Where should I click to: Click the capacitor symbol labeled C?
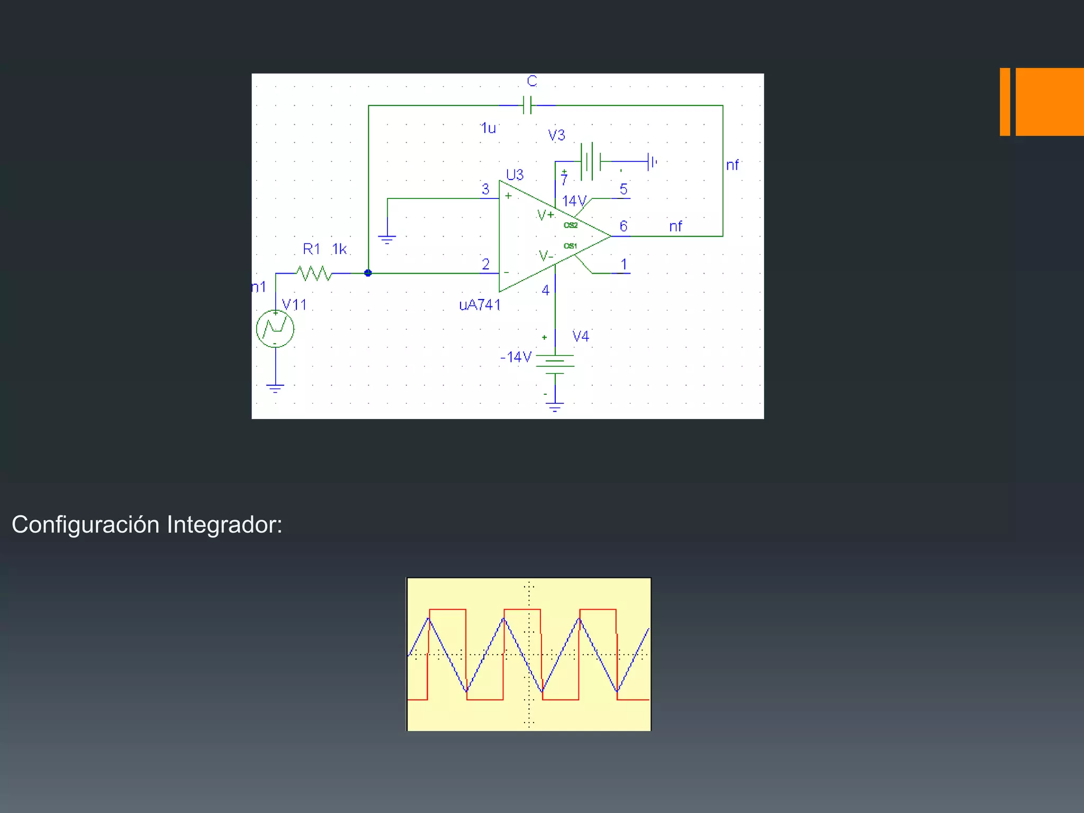pos(527,105)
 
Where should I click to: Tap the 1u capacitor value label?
pos(488,128)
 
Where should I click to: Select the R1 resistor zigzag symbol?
pos(314,273)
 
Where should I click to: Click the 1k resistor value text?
pos(339,249)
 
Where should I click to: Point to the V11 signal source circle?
pos(275,329)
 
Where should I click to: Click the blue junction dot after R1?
pos(368,273)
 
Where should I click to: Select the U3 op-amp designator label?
pos(514,175)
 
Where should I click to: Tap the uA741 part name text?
pos(480,305)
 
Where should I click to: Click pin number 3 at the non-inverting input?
pos(485,189)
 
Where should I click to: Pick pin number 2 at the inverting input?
pos(485,264)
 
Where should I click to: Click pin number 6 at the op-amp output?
pos(624,226)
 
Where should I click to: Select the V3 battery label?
pos(556,135)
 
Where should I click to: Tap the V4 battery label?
pos(581,336)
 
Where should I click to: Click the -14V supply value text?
pos(516,357)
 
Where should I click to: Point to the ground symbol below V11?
pos(275,389)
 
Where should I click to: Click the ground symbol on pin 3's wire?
pos(387,239)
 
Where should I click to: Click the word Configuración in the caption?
pos(86,525)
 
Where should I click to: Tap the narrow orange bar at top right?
pos(1005,102)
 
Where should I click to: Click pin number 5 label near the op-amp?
pos(624,189)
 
